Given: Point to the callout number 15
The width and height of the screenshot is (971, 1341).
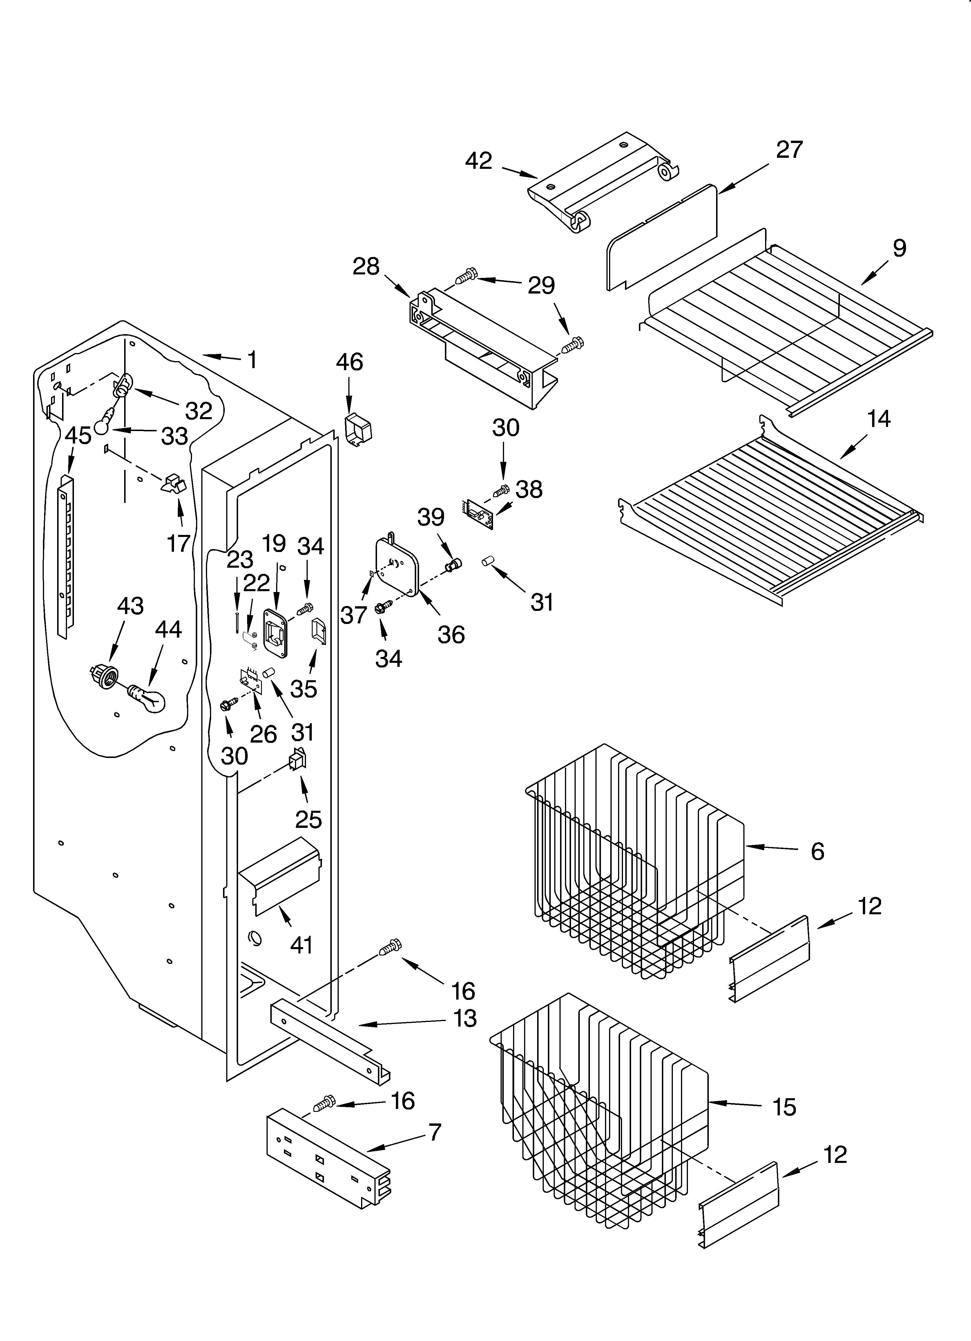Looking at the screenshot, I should [x=784, y=1107].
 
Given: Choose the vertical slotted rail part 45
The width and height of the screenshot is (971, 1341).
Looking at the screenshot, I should [x=66, y=556].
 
